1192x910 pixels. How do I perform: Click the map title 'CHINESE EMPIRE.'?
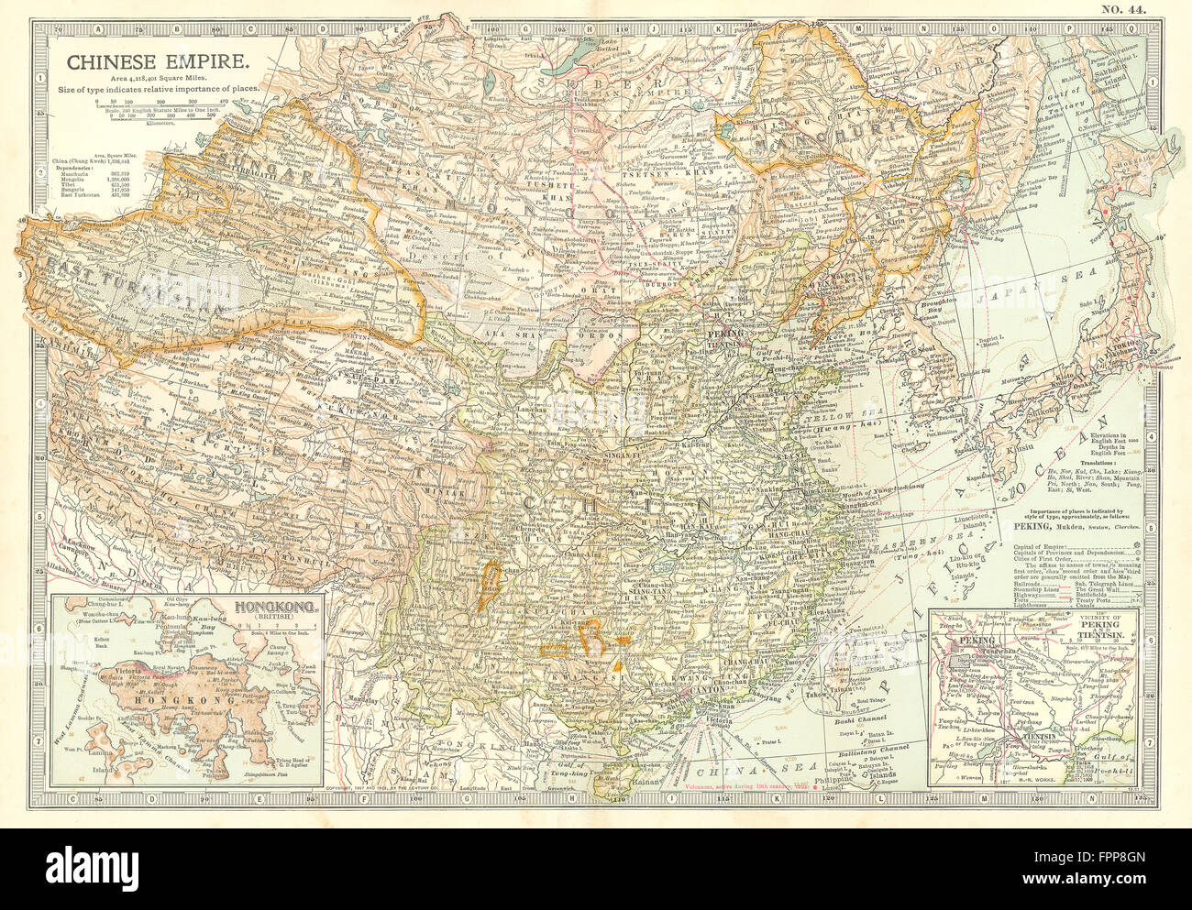tap(152, 63)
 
